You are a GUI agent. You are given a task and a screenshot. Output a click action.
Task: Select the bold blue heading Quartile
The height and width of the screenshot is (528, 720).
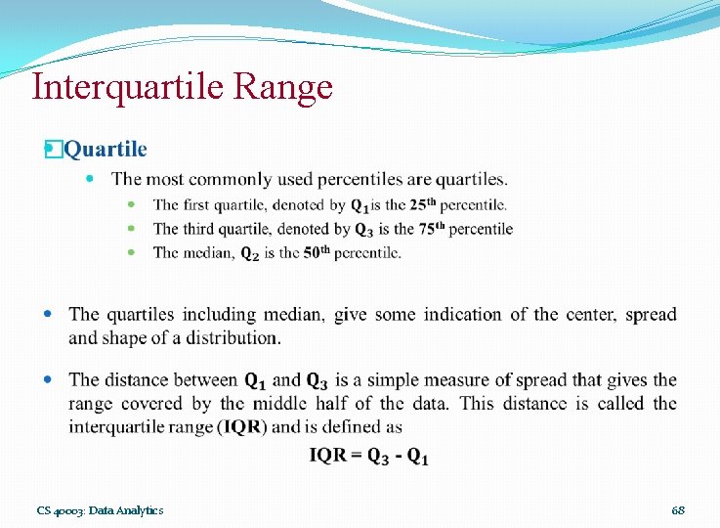tap(106, 150)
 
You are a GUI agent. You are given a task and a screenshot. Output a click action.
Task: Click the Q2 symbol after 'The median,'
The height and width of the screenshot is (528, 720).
tap(251, 253)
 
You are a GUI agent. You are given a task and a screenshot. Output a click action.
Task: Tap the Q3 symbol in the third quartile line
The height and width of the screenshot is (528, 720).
tap(363, 230)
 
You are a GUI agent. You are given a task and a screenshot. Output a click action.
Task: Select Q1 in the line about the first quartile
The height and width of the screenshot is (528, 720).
tap(360, 205)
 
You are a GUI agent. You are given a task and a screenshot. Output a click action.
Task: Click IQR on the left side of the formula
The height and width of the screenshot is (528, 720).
tap(326, 456)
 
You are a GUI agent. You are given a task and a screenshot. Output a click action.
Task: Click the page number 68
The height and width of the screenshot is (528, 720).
tap(678, 510)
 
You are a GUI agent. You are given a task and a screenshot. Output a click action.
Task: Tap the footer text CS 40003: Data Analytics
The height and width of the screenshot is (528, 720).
tap(101, 510)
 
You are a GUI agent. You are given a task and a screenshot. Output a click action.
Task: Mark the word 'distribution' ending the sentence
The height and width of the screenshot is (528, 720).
tap(229, 337)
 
